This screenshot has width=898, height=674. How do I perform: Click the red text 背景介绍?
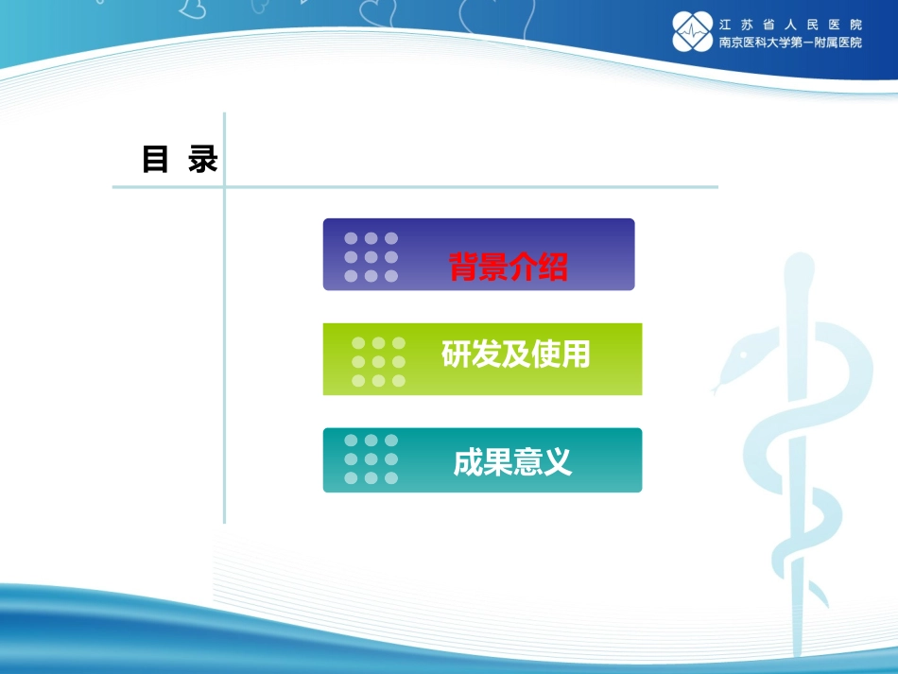click(x=509, y=267)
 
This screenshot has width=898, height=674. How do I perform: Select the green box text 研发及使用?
click(x=515, y=354)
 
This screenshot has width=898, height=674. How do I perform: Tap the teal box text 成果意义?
click(x=512, y=462)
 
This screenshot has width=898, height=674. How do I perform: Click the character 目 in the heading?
click(x=155, y=160)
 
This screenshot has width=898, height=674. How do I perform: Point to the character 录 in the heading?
click(x=203, y=160)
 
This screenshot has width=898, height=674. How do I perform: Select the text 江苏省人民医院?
click(x=790, y=24)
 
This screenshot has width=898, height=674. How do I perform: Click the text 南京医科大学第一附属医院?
click(x=790, y=43)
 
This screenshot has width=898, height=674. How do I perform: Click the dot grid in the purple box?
click(x=371, y=257)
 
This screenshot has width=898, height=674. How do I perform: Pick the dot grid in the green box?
click(x=378, y=361)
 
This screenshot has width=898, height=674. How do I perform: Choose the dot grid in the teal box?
click(x=371, y=459)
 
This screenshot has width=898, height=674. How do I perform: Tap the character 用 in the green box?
click(x=576, y=354)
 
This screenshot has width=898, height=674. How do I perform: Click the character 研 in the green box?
click(x=456, y=354)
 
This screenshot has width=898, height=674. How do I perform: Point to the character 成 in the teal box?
click(x=468, y=462)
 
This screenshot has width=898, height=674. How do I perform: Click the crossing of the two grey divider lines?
click(x=224, y=187)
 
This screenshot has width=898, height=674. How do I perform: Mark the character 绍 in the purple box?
click(x=553, y=267)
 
